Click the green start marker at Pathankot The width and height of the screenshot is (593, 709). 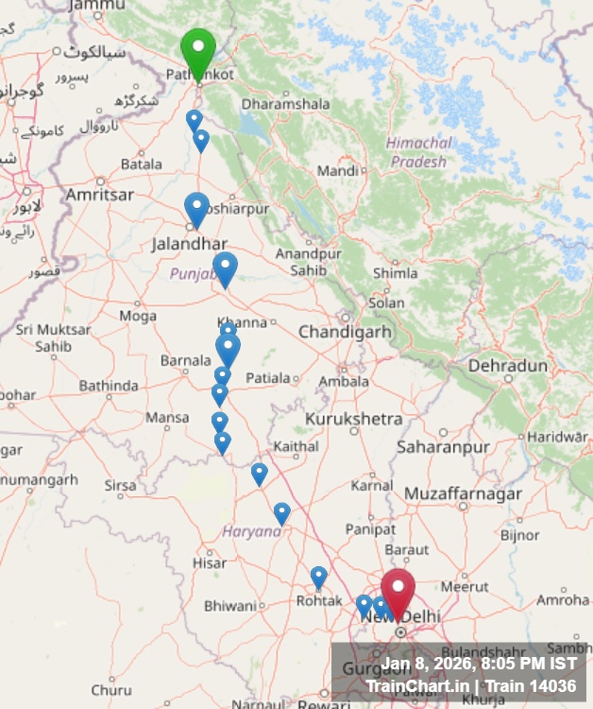click(198, 48)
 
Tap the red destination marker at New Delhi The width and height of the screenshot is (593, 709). click(398, 589)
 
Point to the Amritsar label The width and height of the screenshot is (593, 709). click(99, 194)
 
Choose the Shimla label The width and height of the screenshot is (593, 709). click(395, 273)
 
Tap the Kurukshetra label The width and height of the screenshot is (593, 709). click(353, 418)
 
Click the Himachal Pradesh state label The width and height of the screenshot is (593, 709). click(418, 152)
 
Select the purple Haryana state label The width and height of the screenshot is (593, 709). click(251, 531)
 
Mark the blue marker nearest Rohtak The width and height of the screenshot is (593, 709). click(319, 576)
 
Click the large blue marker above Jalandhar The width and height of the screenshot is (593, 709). click(196, 208)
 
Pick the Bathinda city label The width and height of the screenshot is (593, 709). click(108, 386)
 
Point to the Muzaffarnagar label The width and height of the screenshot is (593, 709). click(463, 493)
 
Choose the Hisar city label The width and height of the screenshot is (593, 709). click(210, 563)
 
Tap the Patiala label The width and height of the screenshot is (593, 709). click(268, 378)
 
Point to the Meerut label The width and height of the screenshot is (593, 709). click(466, 586)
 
